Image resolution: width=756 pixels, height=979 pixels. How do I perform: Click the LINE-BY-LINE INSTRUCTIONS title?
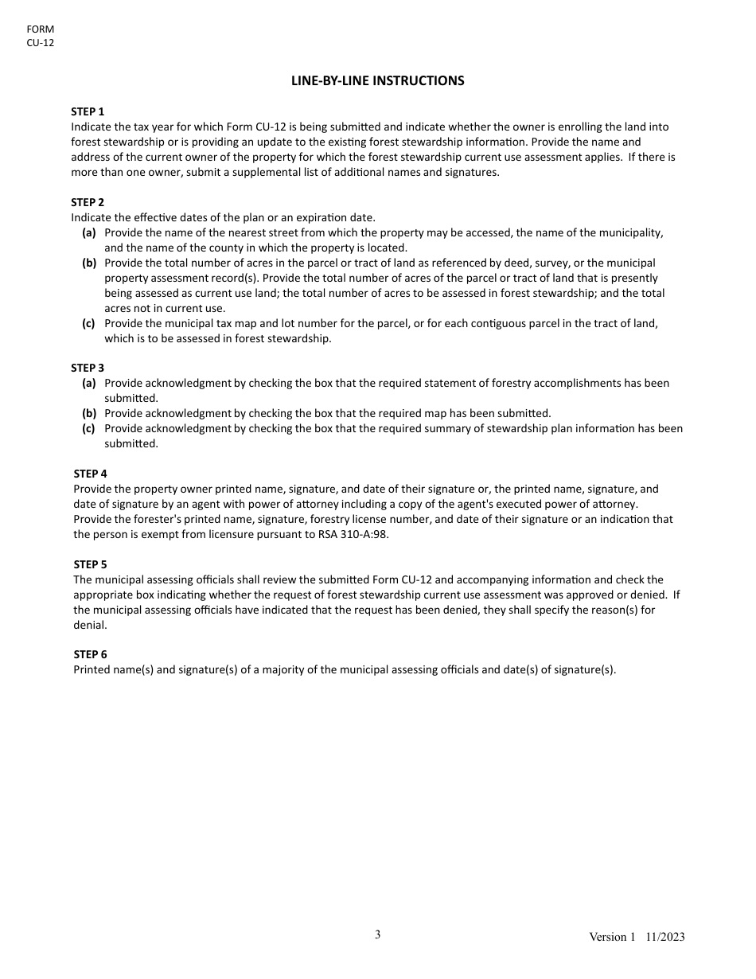(x=377, y=80)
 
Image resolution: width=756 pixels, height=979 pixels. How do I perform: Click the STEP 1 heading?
(x=88, y=111)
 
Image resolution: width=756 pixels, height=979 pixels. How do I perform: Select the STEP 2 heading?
(x=88, y=202)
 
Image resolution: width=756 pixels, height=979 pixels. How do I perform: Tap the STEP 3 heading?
(x=88, y=368)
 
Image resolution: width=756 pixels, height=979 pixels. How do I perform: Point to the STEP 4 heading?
(x=90, y=474)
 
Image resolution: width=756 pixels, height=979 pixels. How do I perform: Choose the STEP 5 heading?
(x=90, y=564)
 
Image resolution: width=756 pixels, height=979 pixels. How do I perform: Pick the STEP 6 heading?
(x=90, y=654)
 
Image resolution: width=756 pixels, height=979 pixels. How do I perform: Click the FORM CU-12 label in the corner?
(x=41, y=36)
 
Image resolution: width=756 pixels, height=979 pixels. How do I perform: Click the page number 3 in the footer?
(x=378, y=934)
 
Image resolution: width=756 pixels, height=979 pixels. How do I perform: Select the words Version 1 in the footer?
(x=612, y=937)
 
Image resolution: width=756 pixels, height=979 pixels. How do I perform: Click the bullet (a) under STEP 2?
(x=89, y=232)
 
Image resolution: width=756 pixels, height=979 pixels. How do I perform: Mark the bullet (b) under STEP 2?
(x=89, y=263)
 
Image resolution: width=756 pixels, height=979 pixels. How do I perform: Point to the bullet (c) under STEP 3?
(x=89, y=428)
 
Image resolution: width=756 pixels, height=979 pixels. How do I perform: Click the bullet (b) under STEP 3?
(x=89, y=413)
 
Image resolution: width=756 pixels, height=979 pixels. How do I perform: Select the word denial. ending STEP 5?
(x=90, y=625)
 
